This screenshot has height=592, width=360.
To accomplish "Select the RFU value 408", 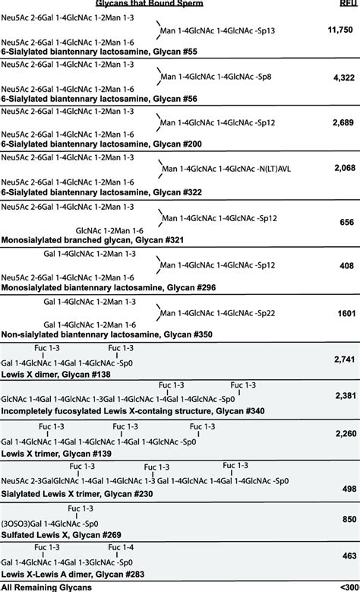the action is pyautogui.click(x=346, y=267).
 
